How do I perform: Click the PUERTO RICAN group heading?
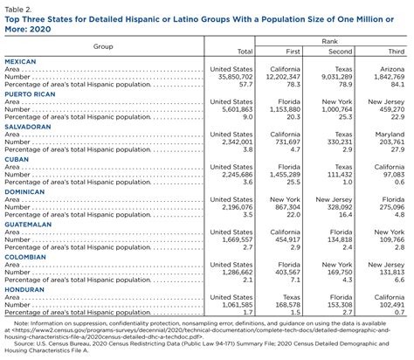pyautogui.click(x=31, y=94)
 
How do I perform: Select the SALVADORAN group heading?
pyautogui.click(x=29, y=127)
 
